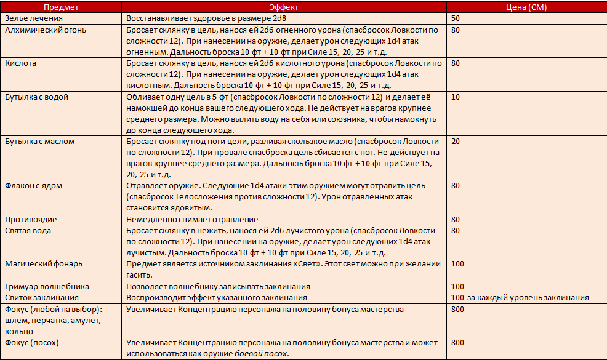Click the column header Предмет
point(61,7)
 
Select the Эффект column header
point(285,7)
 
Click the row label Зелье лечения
point(31,18)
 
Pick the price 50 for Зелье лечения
point(456,18)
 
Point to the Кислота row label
point(21,63)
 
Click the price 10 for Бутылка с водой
point(456,97)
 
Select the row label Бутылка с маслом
point(39,142)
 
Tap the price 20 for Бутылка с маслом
point(456,142)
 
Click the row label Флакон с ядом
point(34,186)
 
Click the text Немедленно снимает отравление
point(192,220)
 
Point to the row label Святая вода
point(28,231)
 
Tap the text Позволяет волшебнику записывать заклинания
point(218,287)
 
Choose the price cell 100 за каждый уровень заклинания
point(520,298)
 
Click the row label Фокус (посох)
point(33,343)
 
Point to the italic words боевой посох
point(262,354)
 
